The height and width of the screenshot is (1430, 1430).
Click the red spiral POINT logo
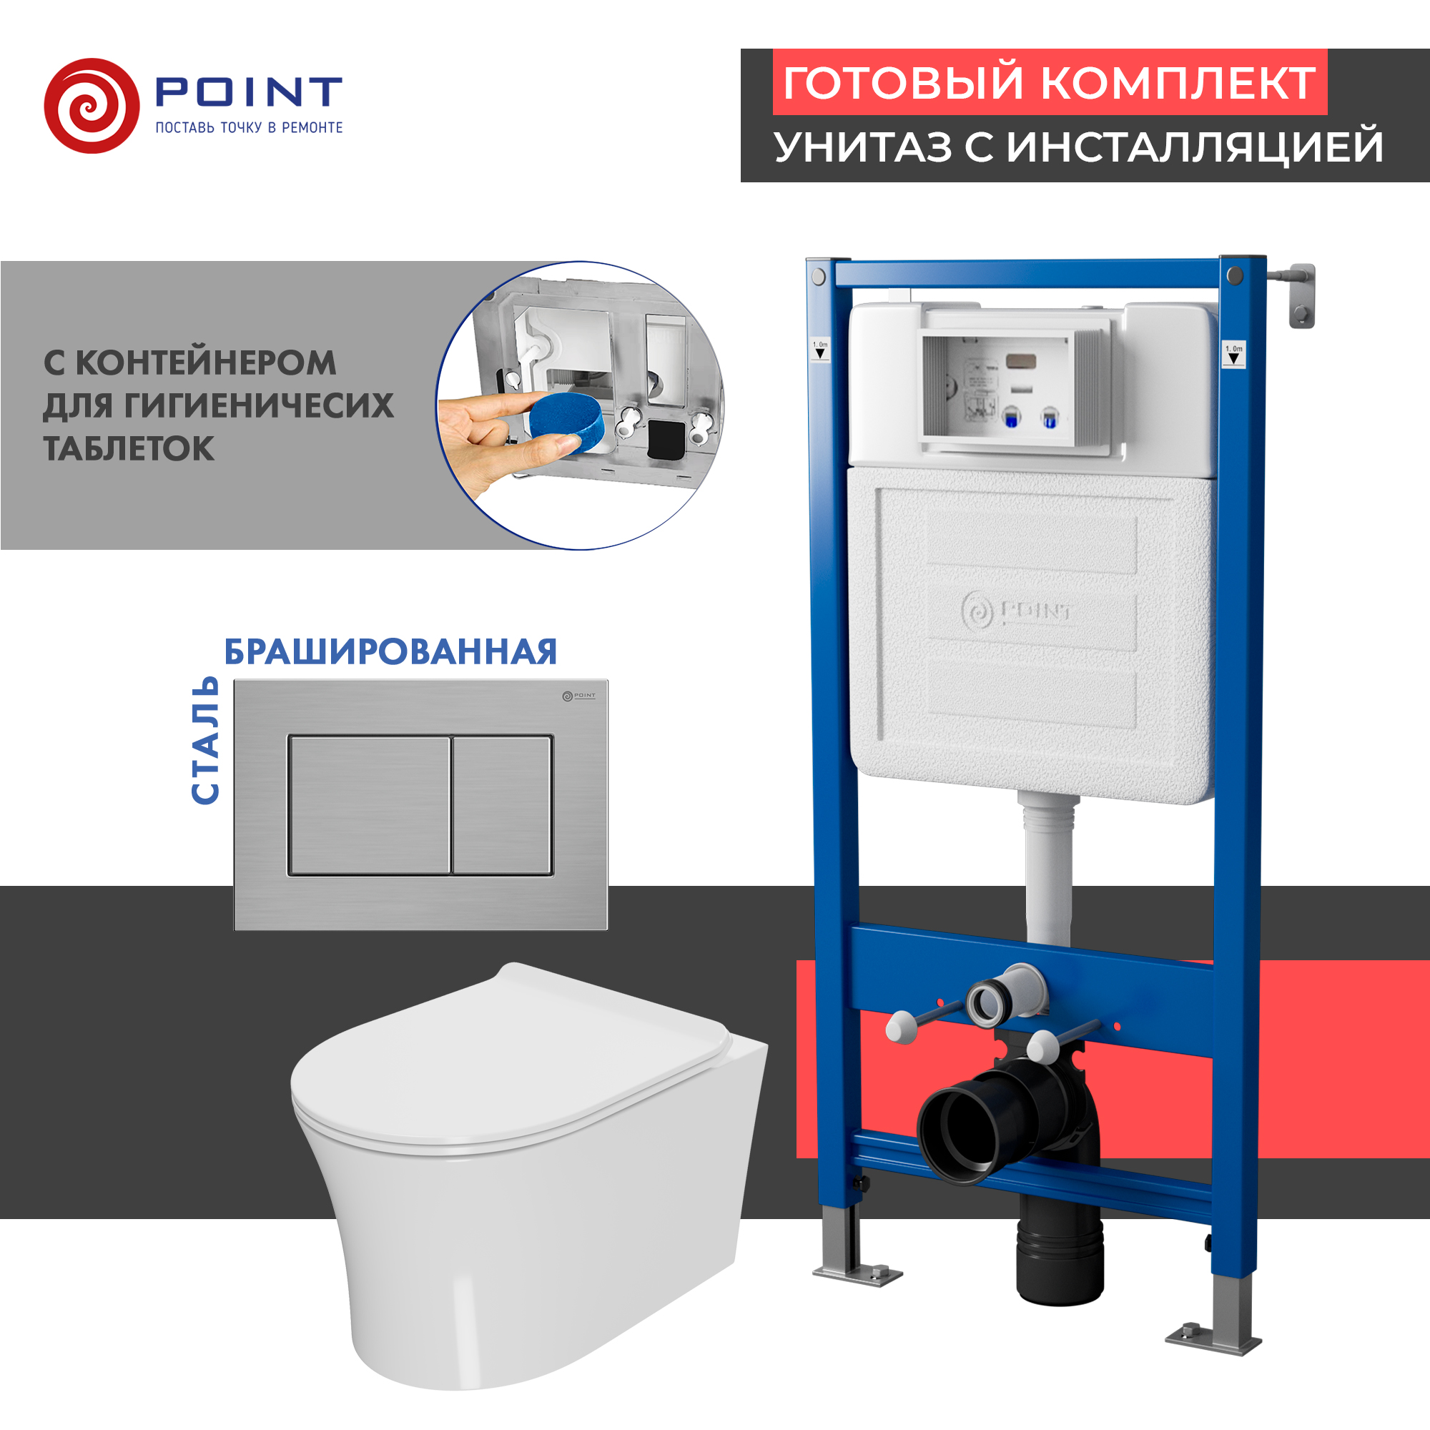pos(92,106)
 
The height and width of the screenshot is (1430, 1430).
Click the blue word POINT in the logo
pos(248,92)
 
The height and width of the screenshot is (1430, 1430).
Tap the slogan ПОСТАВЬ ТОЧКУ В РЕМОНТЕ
pos(249,128)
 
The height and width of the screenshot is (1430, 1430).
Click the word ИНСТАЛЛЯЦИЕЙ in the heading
pos(1195,147)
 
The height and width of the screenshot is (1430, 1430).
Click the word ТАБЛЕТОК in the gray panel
pos(129,448)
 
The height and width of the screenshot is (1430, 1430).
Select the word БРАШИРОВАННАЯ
pos(390,652)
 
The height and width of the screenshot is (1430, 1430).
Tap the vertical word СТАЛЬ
pos(206,740)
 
